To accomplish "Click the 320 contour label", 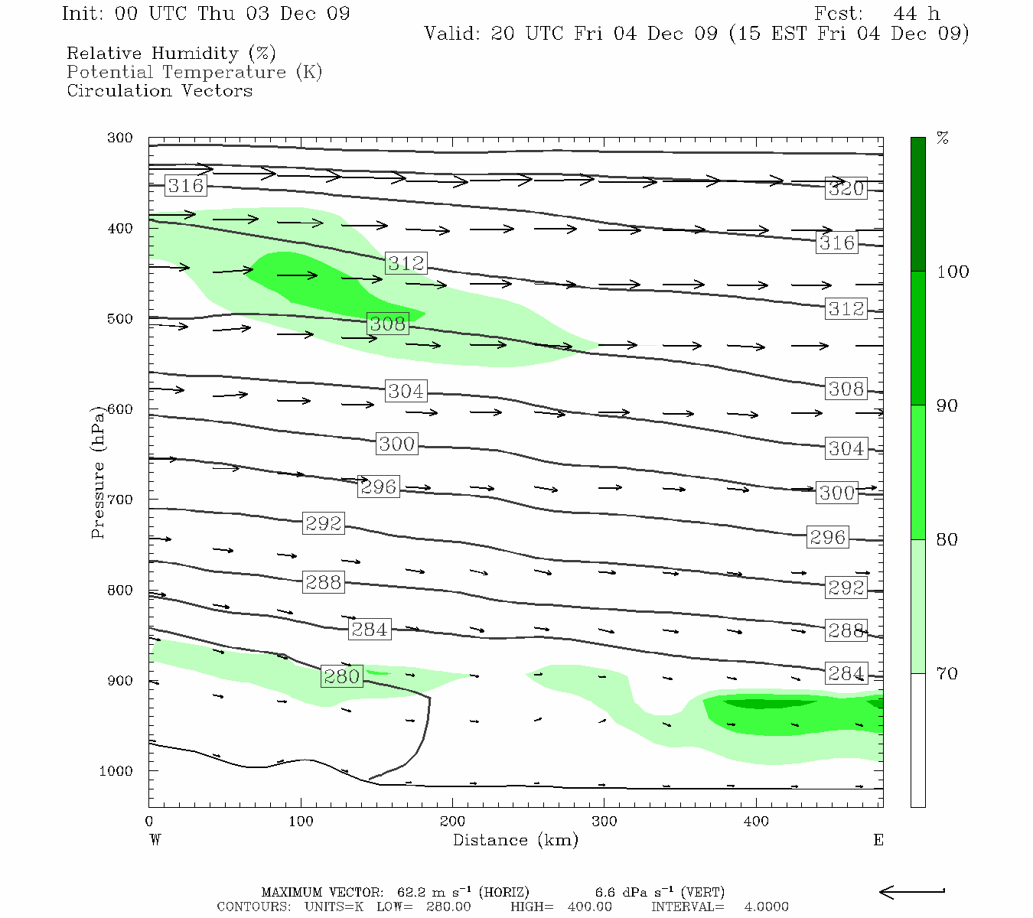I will (846, 189).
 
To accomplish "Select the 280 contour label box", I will (341, 677).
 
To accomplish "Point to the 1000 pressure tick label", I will (116, 771).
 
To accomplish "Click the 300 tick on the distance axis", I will (604, 822).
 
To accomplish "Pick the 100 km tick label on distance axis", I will (301, 822).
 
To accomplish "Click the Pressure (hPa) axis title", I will (98, 472).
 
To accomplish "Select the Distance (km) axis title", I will (515, 840).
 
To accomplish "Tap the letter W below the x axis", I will (155, 840).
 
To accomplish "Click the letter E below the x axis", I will (878, 840).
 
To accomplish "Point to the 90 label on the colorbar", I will (947, 405).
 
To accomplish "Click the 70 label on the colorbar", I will (947, 673).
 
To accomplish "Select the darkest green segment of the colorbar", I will (917, 204).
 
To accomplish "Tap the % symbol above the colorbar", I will (943, 138).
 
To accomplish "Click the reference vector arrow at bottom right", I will (911, 892).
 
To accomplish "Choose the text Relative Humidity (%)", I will (171, 54).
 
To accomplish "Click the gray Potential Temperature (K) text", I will (194, 72).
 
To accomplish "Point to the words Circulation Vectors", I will (159, 90).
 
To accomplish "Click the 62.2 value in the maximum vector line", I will (411, 892).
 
